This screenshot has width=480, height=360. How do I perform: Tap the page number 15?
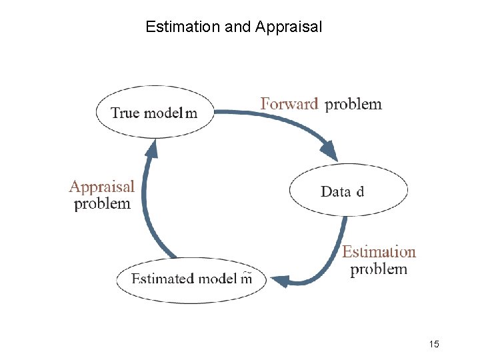(x=434, y=344)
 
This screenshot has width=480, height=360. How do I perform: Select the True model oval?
(x=155, y=112)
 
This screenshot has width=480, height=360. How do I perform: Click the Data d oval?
(x=347, y=191)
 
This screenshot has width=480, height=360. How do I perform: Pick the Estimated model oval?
(x=191, y=279)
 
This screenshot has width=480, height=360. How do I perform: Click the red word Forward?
(x=289, y=104)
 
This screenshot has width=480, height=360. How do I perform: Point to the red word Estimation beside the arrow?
(x=379, y=252)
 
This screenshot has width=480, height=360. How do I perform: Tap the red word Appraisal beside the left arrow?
(x=102, y=187)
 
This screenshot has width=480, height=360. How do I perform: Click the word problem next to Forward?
(x=353, y=105)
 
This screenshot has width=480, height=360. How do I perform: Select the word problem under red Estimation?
(x=379, y=269)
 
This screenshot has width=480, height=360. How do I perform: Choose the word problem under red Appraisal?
(x=102, y=204)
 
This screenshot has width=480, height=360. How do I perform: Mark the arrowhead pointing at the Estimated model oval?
(x=281, y=281)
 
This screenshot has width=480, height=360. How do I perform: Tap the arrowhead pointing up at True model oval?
(x=151, y=148)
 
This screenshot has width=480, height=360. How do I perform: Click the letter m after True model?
(x=191, y=113)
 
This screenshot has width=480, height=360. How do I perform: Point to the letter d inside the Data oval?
(x=360, y=192)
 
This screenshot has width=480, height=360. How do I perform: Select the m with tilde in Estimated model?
(x=246, y=278)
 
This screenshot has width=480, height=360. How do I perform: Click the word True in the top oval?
(x=125, y=113)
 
